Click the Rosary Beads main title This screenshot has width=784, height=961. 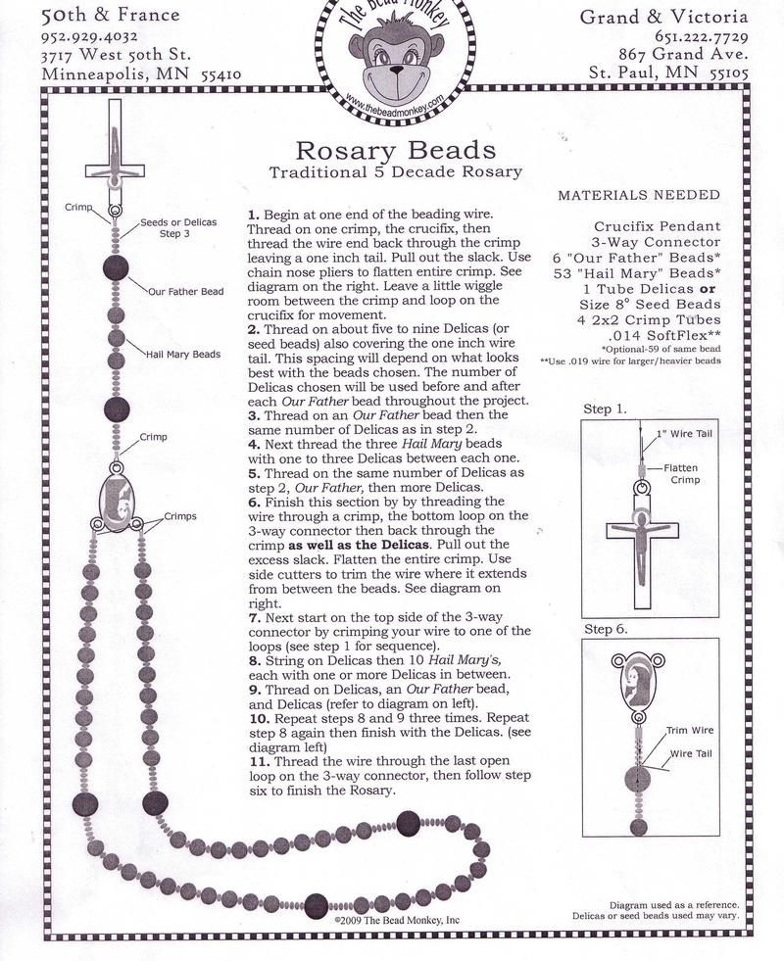(x=395, y=150)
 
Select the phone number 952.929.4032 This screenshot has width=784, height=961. (x=97, y=36)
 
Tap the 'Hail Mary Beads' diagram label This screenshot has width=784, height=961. (x=184, y=354)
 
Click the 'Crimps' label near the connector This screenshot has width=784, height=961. (x=180, y=516)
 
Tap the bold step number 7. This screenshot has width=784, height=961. (x=252, y=619)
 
